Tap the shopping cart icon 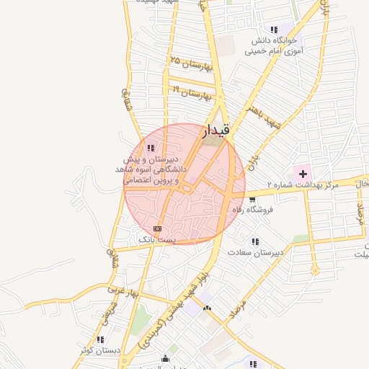[x=252, y=199]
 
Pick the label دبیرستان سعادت [x=253, y=253]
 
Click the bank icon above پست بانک [x=158, y=228]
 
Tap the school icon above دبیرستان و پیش [x=150, y=148]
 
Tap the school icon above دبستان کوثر [x=101, y=339]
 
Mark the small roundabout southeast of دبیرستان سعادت [x=315, y=270]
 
